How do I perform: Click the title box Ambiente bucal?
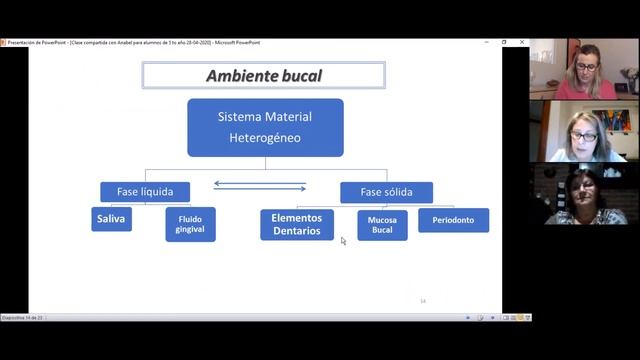(x=264, y=76)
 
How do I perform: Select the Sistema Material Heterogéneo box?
(x=265, y=127)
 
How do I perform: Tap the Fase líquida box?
(x=145, y=192)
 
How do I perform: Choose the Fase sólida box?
(x=386, y=192)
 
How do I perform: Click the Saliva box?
(x=111, y=219)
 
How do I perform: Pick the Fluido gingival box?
(x=190, y=224)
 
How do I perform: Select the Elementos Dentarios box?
(x=297, y=224)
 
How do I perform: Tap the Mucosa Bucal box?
(x=382, y=225)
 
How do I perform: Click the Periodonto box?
(x=453, y=220)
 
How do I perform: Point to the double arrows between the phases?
(x=260, y=185)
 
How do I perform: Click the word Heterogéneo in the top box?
(x=265, y=138)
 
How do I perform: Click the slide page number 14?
(x=423, y=300)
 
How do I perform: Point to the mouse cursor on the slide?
(x=343, y=240)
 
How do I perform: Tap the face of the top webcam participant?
(x=587, y=66)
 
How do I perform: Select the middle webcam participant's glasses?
(x=584, y=135)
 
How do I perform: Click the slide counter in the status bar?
(x=22, y=317)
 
